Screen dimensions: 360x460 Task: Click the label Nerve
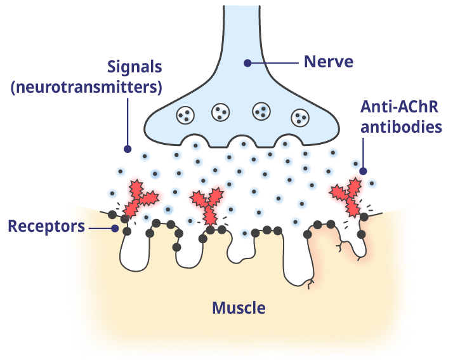point(328,62)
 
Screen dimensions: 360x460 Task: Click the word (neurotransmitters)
point(86,86)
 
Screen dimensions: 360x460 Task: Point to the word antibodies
point(400,126)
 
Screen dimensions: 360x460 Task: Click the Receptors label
point(46,226)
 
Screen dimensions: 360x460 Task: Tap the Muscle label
point(239,309)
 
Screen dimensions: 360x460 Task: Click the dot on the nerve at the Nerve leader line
point(247,62)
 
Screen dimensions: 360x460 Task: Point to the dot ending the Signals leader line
point(128,149)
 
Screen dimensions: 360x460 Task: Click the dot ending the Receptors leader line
point(115,227)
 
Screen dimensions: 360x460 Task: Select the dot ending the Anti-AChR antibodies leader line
point(364,170)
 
